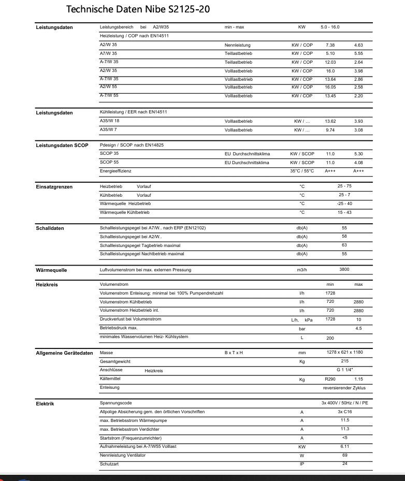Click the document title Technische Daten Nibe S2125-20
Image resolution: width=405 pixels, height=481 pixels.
point(138,9)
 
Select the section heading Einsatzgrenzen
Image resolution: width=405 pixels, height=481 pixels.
point(54,186)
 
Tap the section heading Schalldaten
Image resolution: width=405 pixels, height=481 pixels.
point(50,228)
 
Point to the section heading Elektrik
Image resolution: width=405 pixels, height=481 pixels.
point(45,403)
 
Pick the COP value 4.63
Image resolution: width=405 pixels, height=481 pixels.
point(358,45)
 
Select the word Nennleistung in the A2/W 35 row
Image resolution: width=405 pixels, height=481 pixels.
point(238,45)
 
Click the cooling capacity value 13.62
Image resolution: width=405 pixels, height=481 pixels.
point(330,121)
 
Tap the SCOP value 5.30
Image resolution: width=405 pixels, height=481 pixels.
point(358,154)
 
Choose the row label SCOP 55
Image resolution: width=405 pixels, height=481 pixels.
point(109,162)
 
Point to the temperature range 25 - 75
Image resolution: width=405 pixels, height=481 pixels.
point(344,186)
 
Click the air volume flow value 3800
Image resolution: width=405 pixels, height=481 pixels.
point(344,270)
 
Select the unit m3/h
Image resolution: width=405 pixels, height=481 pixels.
point(302,270)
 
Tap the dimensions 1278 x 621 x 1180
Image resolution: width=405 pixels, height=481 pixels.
point(344,352)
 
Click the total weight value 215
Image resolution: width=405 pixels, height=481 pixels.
point(344,361)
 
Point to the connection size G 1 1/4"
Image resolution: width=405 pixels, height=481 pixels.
point(344,370)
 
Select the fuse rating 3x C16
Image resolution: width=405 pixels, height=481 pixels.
point(344,412)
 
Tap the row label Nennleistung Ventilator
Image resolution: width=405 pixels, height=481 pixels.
point(122,455)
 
